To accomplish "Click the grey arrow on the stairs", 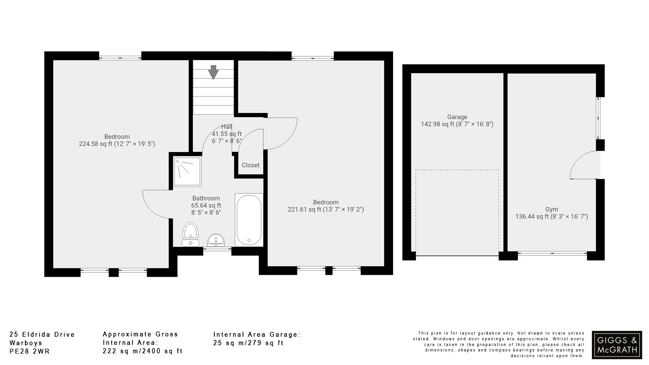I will [213, 72].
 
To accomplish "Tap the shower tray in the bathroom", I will [187, 171].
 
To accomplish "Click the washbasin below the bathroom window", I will [216, 240].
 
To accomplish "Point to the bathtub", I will [249, 220].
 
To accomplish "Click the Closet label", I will [250, 165].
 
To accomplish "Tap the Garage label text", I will [457, 117].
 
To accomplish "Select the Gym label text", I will [551, 209].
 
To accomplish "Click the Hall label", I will [226, 127].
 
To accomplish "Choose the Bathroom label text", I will [206, 198].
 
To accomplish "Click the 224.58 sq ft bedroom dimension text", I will [117, 144].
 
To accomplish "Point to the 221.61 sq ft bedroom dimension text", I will [326, 210].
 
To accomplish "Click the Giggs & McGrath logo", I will [617, 345].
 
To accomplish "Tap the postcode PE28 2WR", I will [30, 351].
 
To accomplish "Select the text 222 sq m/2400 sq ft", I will [142, 351].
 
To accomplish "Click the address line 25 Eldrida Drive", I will [42, 335].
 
